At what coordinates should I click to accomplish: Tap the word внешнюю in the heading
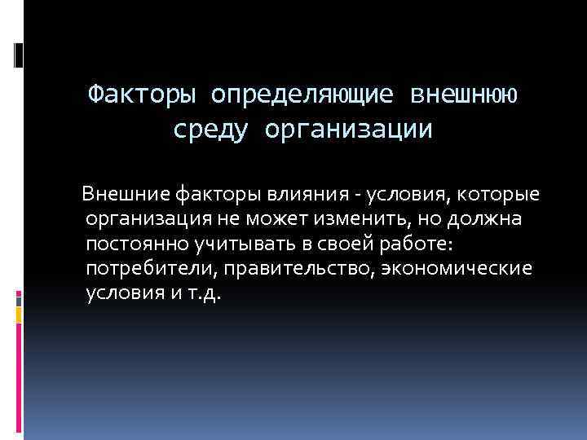point(462,96)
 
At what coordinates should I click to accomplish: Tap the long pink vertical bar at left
point(19,375)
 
